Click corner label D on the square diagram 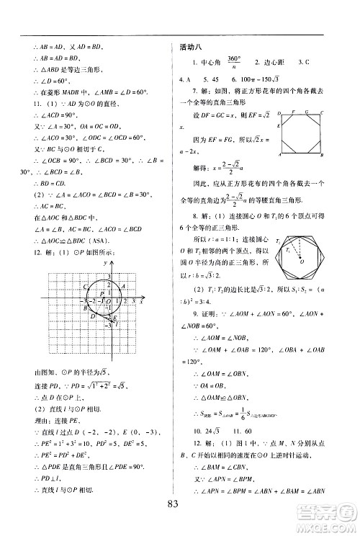point(279,112)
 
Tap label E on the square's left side point(279,123)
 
